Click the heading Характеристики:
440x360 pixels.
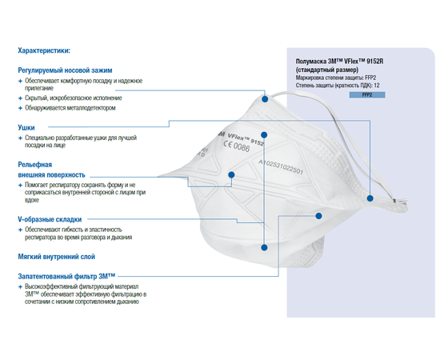click(x=44, y=50)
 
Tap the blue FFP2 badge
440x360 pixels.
click(x=367, y=95)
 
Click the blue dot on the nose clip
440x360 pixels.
click(x=265, y=99)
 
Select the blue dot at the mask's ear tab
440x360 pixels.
click(x=370, y=198)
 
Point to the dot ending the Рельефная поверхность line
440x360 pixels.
click(x=231, y=175)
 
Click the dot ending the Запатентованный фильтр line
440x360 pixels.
click(x=318, y=216)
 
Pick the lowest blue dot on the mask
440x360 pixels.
click(x=264, y=247)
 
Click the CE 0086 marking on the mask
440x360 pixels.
click(x=236, y=146)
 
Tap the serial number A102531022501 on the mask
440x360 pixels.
click(x=281, y=166)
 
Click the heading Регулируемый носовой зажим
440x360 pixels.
click(x=65, y=70)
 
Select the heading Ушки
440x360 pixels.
click(x=26, y=128)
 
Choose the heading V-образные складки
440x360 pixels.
click(x=50, y=219)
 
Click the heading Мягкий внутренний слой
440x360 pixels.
click(x=57, y=257)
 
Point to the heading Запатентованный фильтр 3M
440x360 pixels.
click(x=66, y=276)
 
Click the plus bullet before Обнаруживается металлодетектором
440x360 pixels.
click(x=20, y=108)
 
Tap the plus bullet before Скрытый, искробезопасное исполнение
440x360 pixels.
click(x=20, y=98)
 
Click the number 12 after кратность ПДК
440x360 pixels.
click(x=377, y=86)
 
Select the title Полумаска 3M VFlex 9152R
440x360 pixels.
click(x=339, y=61)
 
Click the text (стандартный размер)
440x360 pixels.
click(x=327, y=70)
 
